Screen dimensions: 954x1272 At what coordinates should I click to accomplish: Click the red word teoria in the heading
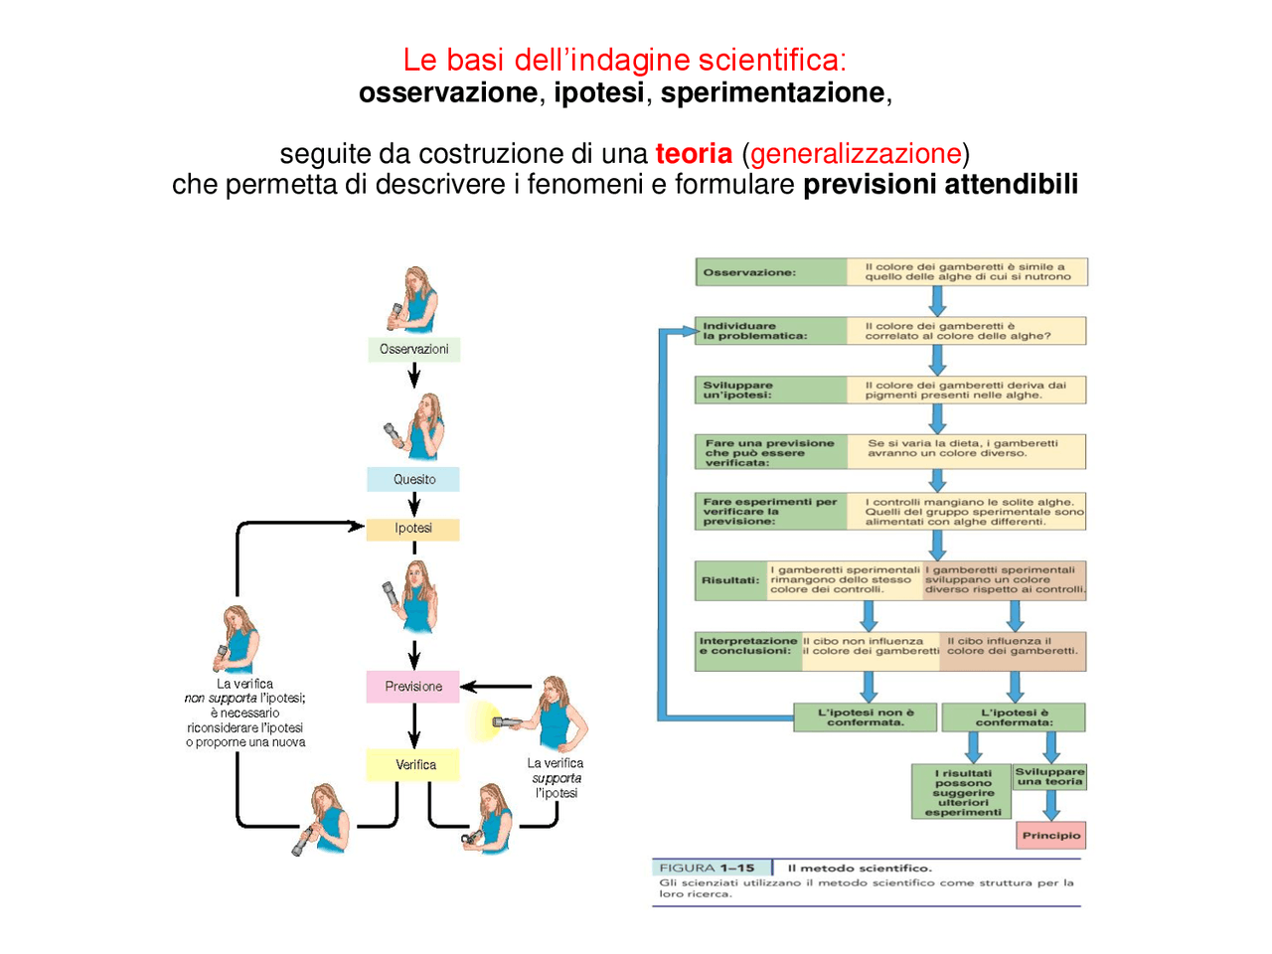point(694,154)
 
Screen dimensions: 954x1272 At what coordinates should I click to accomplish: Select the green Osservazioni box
point(413,350)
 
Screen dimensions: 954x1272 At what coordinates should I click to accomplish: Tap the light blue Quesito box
point(413,479)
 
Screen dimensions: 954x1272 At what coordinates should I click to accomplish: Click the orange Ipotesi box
point(413,529)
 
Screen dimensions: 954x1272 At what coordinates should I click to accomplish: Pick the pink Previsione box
point(413,687)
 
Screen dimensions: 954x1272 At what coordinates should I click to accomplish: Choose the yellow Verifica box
point(414,764)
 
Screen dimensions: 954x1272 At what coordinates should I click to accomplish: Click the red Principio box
point(1050,836)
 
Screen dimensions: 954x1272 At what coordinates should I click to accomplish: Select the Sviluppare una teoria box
point(1049,777)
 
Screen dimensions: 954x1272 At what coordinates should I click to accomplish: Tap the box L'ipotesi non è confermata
point(865,717)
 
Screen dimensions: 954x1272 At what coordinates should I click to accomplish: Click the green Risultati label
point(730,580)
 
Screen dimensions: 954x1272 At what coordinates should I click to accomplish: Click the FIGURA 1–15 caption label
point(707,868)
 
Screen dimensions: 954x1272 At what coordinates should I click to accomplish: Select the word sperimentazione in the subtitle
point(772,92)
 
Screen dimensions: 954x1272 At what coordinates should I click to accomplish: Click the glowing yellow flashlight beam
point(484,720)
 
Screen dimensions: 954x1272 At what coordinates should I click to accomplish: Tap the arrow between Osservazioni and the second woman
point(414,376)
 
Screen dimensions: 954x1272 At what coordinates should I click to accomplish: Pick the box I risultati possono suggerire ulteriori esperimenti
point(962,792)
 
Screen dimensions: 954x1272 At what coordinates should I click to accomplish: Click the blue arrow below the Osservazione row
point(936,300)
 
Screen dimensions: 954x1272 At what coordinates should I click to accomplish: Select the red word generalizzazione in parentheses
point(856,154)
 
